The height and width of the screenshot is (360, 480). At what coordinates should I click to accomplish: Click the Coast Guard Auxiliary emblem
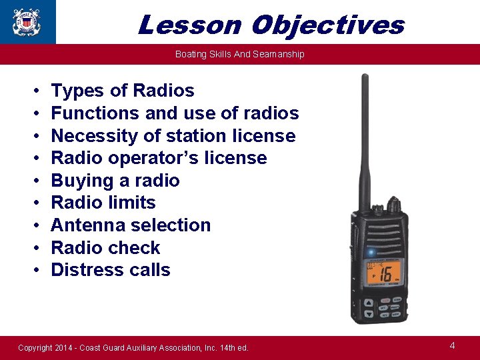27,21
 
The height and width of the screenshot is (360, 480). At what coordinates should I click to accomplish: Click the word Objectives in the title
328,25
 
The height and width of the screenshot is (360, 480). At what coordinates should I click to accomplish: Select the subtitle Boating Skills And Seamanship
239,54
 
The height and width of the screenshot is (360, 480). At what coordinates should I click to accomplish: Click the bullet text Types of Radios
123,91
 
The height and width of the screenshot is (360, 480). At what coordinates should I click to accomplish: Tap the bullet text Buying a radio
115,181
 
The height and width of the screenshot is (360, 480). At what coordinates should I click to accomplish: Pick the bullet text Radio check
105,248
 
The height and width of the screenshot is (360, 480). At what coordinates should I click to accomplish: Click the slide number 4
453,345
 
